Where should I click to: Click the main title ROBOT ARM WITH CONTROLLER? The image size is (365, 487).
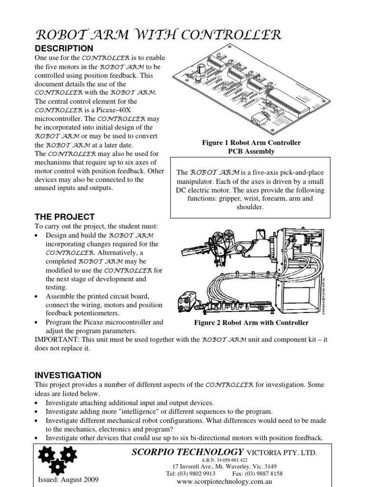158,35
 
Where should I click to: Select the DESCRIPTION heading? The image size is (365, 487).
65,49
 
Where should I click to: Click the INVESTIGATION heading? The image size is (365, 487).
68,375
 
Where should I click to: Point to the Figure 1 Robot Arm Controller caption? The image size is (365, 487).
251,143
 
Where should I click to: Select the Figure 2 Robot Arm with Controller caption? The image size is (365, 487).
251,322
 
